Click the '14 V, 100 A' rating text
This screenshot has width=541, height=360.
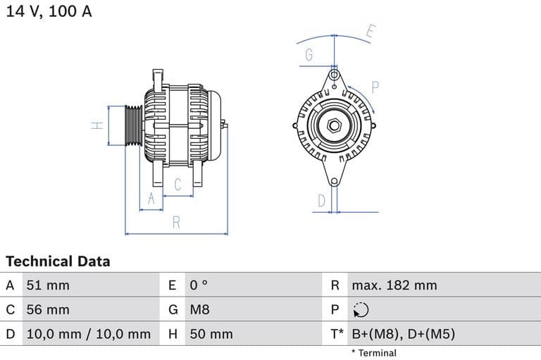[49, 12]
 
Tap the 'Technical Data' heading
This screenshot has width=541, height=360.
[58, 261]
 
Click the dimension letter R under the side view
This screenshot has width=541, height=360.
[176, 223]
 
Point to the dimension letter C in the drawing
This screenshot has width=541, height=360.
[178, 185]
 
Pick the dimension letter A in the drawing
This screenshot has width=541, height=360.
[150, 199]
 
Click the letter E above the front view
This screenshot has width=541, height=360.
[371, 32]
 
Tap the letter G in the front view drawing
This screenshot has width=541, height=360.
[309, 55]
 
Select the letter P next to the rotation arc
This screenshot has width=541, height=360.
[375, 87]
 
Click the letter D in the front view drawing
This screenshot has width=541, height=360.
[321, 201]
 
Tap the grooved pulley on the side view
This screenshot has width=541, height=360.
[132, 126]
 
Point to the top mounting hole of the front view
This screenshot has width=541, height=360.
[334, 75]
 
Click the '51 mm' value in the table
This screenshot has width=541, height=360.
[48, 285]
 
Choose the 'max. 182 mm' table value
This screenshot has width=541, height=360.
[394, 285]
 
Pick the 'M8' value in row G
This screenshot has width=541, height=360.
[199, 309]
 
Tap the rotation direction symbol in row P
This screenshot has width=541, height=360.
[360, 310]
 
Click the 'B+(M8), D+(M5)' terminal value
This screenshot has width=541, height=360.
[403, 334]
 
